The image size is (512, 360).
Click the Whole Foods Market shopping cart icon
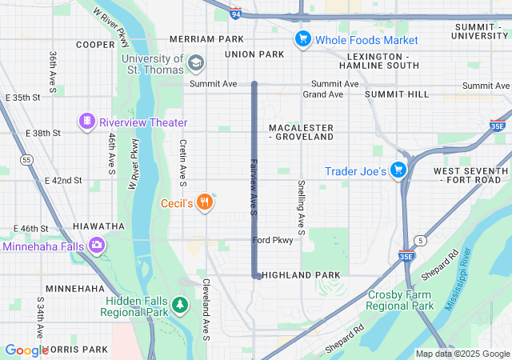302,38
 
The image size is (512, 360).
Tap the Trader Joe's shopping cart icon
398,170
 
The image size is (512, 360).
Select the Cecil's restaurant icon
206,202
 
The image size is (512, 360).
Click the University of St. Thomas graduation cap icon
196,62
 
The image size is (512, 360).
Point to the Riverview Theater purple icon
86,122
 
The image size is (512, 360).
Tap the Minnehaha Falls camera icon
98,246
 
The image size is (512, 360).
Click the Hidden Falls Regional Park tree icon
181,305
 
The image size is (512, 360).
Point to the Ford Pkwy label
273,240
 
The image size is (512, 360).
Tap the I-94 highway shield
234,14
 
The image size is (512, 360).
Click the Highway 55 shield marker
27,160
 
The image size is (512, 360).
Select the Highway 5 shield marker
419,240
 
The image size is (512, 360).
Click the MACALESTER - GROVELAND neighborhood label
301,132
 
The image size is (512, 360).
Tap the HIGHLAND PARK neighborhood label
301,274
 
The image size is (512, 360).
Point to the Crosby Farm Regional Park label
401,300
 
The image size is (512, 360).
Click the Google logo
27,350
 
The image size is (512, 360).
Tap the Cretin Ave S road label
182,159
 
